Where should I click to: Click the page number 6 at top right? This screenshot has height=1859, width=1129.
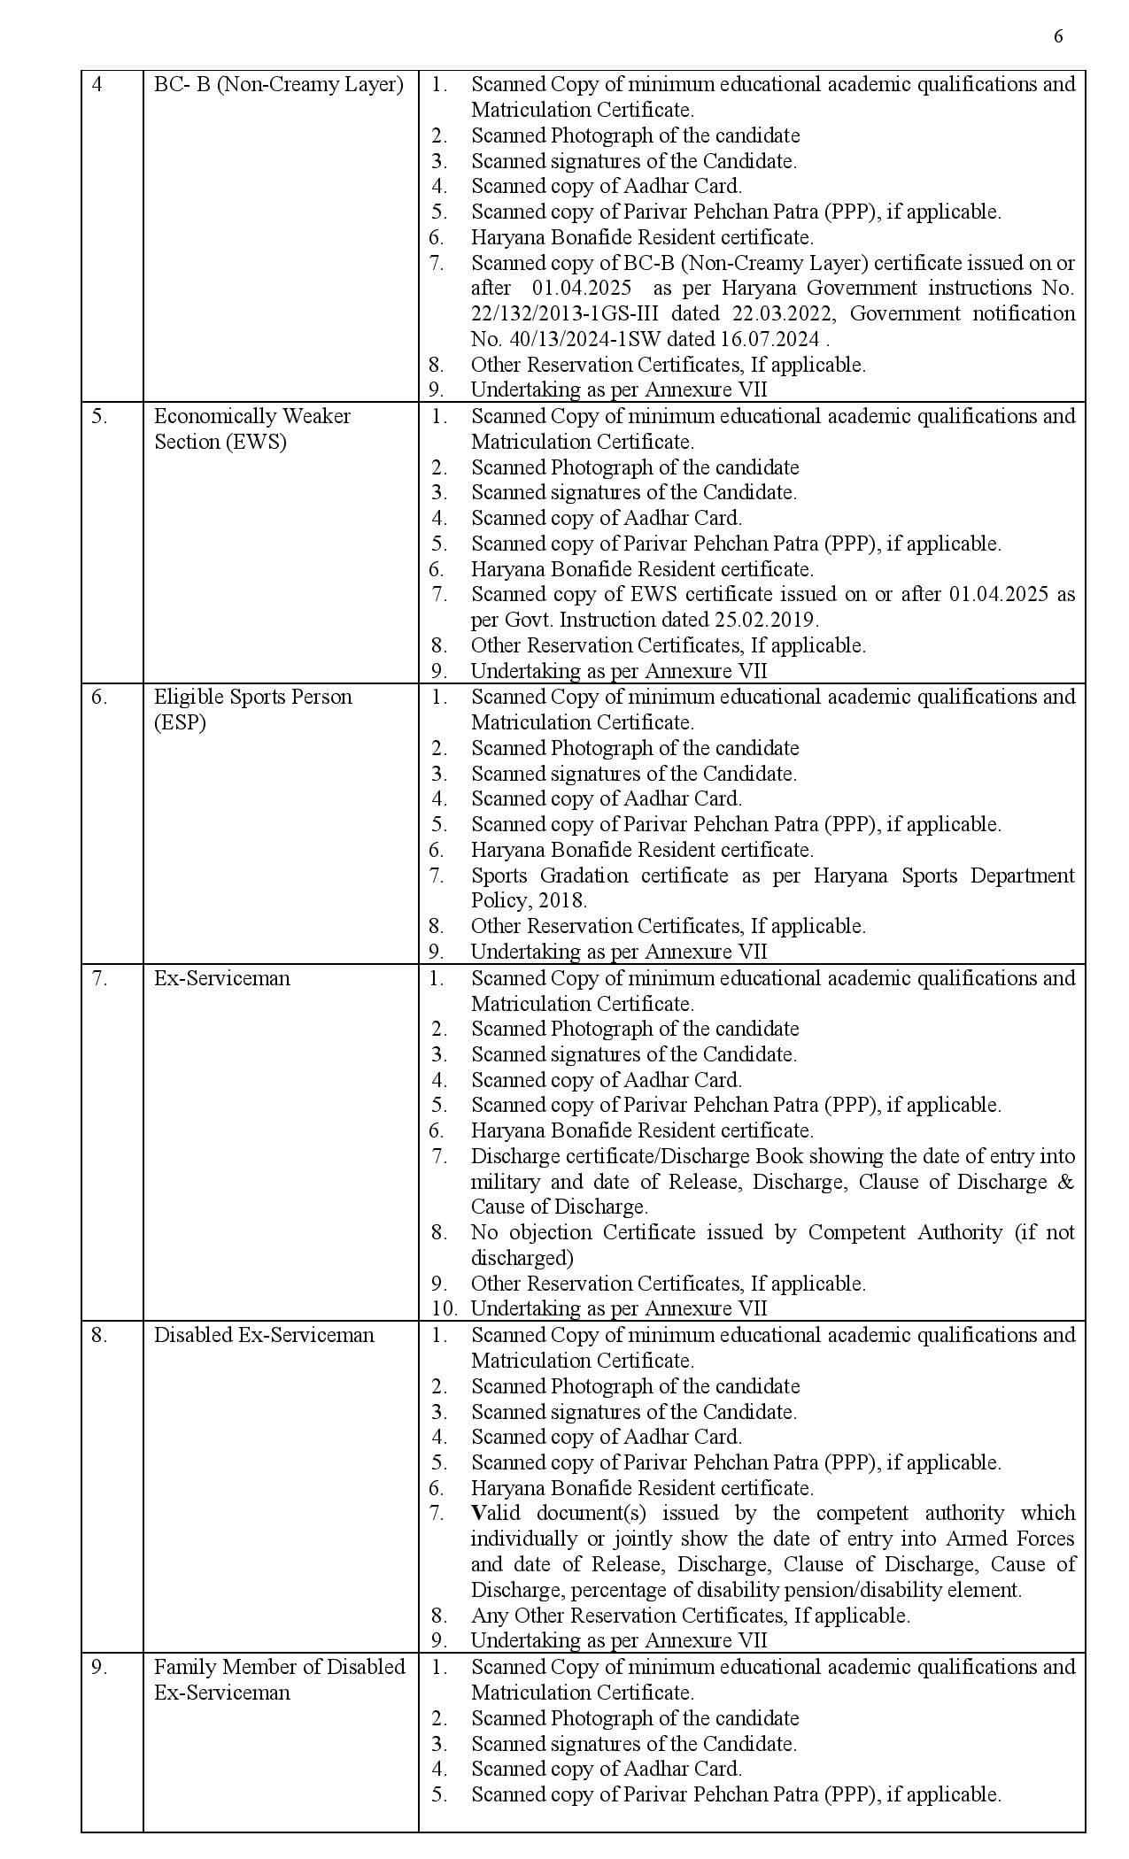(1058, 36)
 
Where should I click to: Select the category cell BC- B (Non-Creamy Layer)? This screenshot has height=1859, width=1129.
(278, 85)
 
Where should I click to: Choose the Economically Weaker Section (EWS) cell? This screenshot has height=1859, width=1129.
(251, 428)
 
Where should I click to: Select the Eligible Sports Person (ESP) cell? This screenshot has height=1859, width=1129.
(252, 709)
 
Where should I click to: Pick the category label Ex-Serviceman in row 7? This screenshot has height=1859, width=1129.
(221, 978)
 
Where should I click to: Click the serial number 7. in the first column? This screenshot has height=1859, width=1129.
(99, 978)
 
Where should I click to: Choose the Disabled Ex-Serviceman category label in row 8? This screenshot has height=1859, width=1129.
(264, 1335)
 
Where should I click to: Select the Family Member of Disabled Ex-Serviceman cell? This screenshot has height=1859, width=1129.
(278, 1679)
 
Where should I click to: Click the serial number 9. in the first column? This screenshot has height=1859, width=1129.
(99, 1667)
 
